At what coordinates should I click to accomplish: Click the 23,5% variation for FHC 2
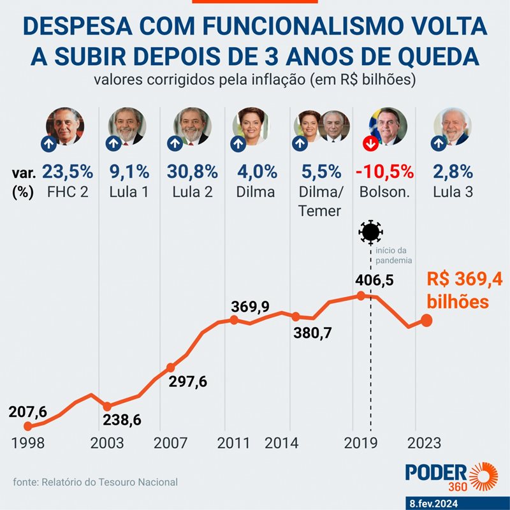click(68, 172)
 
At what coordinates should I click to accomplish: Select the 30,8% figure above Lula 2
click(193, 172)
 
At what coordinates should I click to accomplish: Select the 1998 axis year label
click(28, 442)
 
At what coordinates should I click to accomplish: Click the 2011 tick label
click(233, 442)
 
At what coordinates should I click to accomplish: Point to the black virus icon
click(370, 233)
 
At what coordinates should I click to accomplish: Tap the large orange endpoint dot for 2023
click(426, 319)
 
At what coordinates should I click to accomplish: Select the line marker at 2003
click(107, 406)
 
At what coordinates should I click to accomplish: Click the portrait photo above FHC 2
click(66, 126)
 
